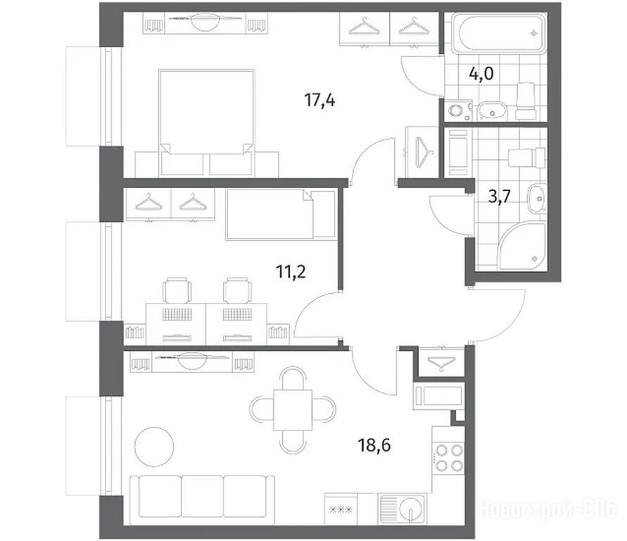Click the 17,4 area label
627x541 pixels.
pyautogui.click(x=319, y=100)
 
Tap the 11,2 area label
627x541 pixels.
pyautogui.click(x=291, y=272)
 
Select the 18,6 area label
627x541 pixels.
pyautogui.click(x=374, y=444)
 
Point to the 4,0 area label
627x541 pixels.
pyautogui.click(x=481, y=74)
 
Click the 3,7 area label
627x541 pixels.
pyautogui.click(x=500, y=197)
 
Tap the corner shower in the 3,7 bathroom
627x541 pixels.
pyautogui.click(x=523, y=247)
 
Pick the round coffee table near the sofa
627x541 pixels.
pyautogui.click(x=154, y=447)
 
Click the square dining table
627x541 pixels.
pyautogui.click(x=293, y=410)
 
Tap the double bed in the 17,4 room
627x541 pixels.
pyautogui.click(x=207, y=123)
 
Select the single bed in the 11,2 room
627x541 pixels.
pyautogui.click(x=281, y=214)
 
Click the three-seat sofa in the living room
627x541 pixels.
pyautogui.click(x=203, y=497)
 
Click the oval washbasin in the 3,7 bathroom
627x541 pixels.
pyautogui.click(x=537, y=199)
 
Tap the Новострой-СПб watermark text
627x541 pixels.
pyautogui.click(x=547, y=509)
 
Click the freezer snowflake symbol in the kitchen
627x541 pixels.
pyautogui.click(x=341, y=510)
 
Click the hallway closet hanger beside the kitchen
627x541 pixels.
pyautogui.click(x=441, y=363)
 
